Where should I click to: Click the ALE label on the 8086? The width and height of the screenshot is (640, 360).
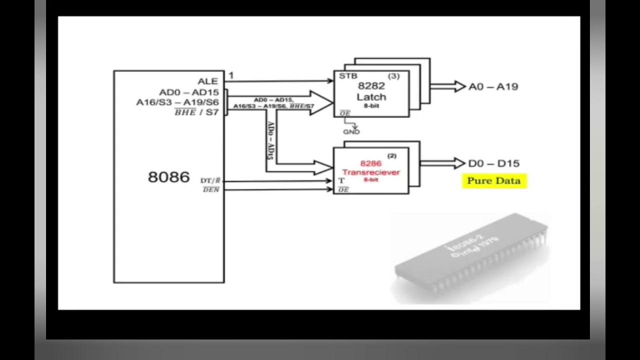208,81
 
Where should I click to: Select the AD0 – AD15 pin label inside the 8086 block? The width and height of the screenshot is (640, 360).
189,92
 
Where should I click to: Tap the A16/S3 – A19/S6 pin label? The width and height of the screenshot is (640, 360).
177,102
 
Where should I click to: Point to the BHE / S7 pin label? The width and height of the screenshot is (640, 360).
196,112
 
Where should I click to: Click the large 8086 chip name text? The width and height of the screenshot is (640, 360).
169,177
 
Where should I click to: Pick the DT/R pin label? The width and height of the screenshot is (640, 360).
210,180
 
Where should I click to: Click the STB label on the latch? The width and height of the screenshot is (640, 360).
348,76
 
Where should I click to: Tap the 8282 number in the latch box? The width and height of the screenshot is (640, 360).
371,86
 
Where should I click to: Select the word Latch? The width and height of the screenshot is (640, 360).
371,96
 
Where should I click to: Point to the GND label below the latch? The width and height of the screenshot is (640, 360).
351,132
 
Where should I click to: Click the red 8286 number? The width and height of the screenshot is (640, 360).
371,163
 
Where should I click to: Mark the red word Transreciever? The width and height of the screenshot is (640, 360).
371,172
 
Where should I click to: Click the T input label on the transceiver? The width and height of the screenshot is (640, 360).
342,180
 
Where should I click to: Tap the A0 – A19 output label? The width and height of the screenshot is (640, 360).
493,87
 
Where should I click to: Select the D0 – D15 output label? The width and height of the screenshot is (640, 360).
493,163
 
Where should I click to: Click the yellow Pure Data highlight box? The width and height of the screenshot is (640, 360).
494,181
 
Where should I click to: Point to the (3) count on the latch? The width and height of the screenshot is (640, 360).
394,76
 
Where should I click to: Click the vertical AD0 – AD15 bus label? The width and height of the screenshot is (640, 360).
270,140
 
